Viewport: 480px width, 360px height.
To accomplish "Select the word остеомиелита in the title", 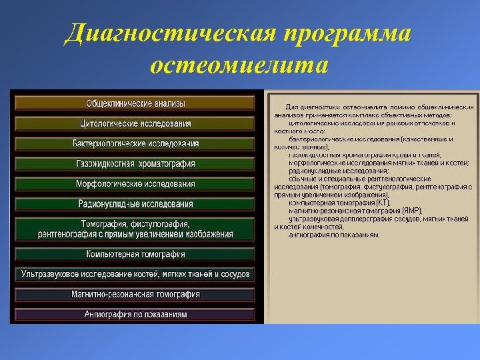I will tap(239, 66).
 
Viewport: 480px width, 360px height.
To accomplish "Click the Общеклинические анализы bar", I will tap(135, 103).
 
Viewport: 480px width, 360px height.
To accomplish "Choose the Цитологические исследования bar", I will tap(135, 123).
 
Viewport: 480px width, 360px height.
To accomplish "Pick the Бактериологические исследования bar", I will tap(135, 143).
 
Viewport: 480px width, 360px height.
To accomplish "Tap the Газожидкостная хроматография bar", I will tap(135, 164).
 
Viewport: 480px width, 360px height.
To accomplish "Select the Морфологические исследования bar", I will tap(135, 184).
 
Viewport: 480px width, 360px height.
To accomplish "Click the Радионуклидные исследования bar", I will tap(135, 204).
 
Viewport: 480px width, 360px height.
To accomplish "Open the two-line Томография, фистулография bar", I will tap(135, 229).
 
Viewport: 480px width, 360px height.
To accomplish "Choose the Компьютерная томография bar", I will tap(135, 254).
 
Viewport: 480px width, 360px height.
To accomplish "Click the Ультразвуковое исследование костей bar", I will tap(135, 274).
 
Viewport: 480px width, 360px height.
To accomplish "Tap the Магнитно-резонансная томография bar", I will tap(135, 294).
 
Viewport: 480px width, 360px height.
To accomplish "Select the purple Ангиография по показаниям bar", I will tap(135, 314).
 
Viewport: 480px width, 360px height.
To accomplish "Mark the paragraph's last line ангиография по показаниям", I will tap(334, 235).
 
